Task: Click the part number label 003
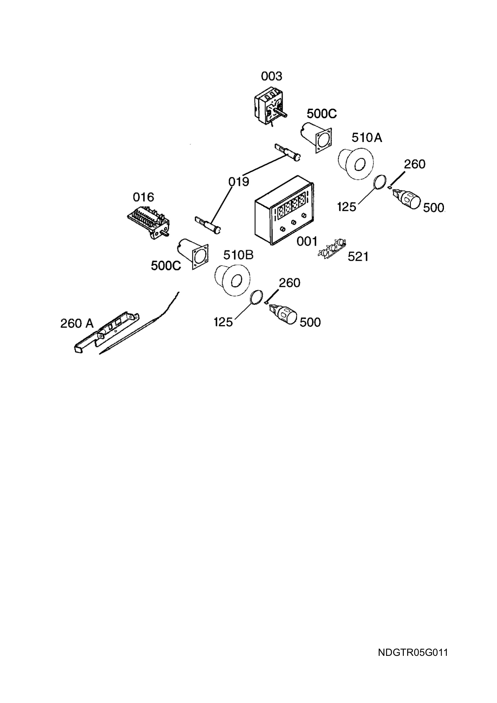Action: (272, 76)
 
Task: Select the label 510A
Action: (367, 138)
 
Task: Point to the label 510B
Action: (238, 255)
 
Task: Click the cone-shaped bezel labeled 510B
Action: (232, 280)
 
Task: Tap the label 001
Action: (307, 242)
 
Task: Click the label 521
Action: (358, 257)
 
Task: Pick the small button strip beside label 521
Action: (332, 248)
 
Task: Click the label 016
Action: (143, 197)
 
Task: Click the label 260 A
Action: (77, 323)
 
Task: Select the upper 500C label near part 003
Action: (322, 114)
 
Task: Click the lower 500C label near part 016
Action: (166, 266)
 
